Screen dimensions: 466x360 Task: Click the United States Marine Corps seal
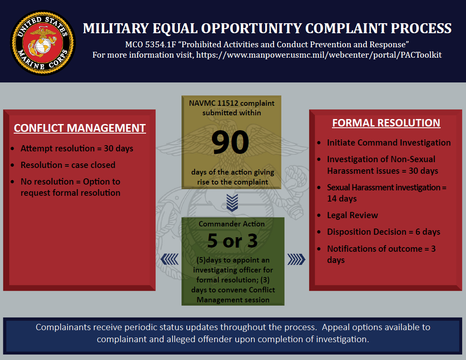pos(43,43)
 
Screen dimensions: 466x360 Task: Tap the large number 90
pos(230,143)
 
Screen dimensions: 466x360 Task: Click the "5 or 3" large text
pos(232,240)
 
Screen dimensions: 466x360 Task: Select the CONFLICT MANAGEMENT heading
pos(80,128)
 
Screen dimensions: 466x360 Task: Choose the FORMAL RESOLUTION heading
pos(386,123)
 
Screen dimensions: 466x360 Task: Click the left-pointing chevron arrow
pos(169,259)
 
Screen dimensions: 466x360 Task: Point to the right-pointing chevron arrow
pos(296,259)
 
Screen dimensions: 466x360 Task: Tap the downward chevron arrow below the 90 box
pos(232,202)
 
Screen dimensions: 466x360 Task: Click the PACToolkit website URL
pos(319,55)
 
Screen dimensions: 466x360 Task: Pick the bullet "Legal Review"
pos(352,215)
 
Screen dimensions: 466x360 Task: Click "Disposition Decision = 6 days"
pos(384,232)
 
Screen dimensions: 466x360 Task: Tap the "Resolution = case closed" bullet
pos(68,165)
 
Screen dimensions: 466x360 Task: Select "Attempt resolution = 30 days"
pos(77,148)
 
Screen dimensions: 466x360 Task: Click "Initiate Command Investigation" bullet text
pos(389,143)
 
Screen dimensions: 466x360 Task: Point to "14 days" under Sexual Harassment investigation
pos(342,198)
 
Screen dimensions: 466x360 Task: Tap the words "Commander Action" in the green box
pos(232,224)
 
